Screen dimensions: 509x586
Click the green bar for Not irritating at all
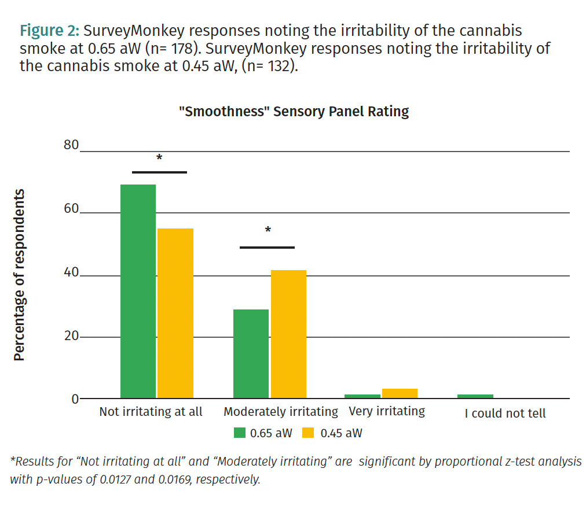(138, 291)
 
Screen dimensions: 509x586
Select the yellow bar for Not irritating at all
(175, 313)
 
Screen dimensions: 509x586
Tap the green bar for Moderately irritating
(251, 353)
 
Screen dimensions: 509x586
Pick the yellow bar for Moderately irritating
(288, 334)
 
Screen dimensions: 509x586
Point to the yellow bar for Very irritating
(400, 393)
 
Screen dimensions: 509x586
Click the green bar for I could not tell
(475, 396)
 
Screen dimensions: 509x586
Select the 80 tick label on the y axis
(71, 145)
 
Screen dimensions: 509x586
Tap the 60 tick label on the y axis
(71, 208)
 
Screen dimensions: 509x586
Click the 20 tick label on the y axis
(71, 335)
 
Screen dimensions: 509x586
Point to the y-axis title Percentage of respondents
(20, 275)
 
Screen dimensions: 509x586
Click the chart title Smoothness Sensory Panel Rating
(294, 112)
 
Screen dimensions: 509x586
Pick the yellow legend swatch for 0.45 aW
(309, 433)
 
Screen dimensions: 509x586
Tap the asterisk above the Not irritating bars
(159, 158)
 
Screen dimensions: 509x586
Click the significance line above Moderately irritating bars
(267, 248)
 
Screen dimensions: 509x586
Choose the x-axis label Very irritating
(387, 411)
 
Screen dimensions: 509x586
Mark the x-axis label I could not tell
(505, 414)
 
